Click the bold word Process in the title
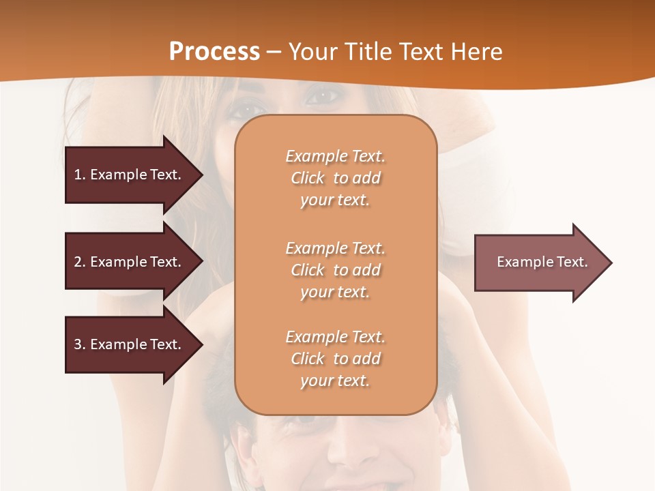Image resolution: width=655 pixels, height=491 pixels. point(214,51)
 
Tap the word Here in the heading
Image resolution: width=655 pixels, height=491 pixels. point(475,51)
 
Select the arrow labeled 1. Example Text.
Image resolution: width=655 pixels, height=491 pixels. point(130,175)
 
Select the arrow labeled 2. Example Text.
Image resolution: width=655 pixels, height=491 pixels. point(130,262)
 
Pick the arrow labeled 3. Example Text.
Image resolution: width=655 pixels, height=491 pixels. point(130,344)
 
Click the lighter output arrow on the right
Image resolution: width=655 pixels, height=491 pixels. point(539,263)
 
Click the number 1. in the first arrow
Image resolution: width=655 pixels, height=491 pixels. point(80,175)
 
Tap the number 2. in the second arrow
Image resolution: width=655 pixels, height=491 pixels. point(80,262)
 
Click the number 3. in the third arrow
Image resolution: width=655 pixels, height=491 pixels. point(80,344)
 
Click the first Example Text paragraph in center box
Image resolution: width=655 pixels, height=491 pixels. point(335,178)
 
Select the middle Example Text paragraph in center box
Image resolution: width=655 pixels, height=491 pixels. point(335,270)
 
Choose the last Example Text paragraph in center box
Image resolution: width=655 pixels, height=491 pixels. point(335,359)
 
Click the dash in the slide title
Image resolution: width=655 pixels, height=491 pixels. point(274,52)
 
